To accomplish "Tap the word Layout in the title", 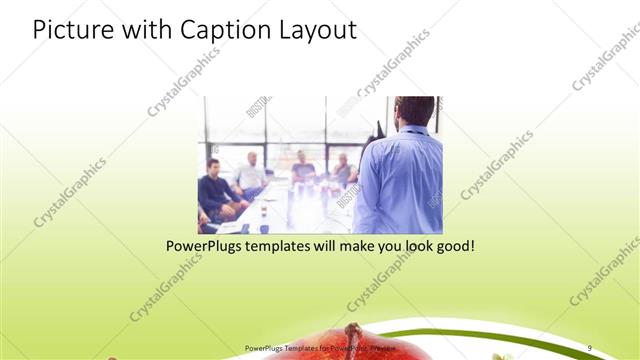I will pos(314,30).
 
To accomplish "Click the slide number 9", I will pos(589,347).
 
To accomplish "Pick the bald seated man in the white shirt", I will pos(252,174).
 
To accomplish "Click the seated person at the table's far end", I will pos(302,166).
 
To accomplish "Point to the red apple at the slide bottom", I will pos(300,346).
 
